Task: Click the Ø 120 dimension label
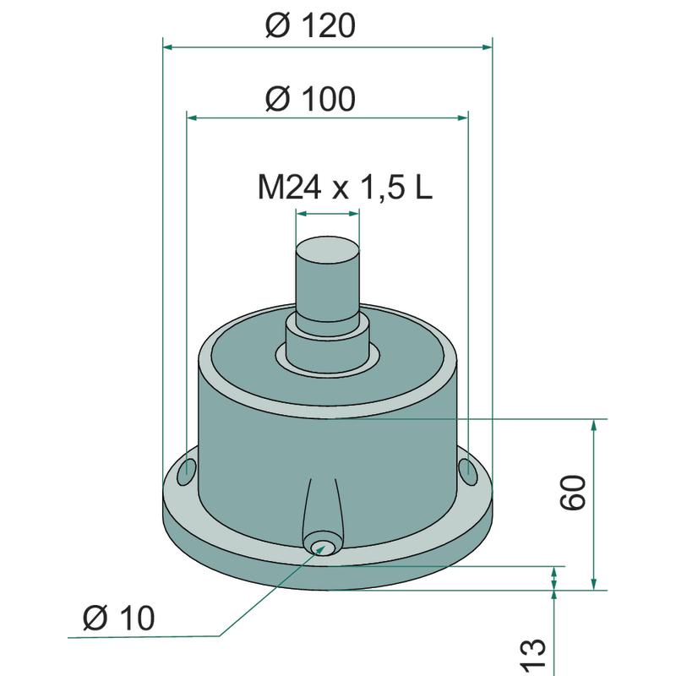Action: tap(310, 26)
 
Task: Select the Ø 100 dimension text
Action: tap(310, 99)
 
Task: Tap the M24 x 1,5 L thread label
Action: tap(345, 188)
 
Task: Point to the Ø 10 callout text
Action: tap(118, 618)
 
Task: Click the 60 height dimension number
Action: tap(574, 493)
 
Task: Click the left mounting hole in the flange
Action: tap(187, 472)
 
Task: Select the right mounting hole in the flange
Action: tap(468, 471)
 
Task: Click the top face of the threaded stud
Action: tap(328, 250)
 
